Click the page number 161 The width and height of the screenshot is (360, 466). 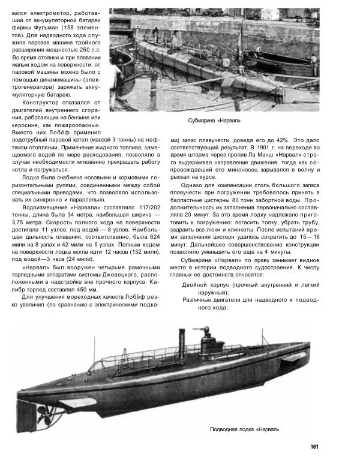point(314,446)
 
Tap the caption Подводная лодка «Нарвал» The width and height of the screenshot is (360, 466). point(244,429)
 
